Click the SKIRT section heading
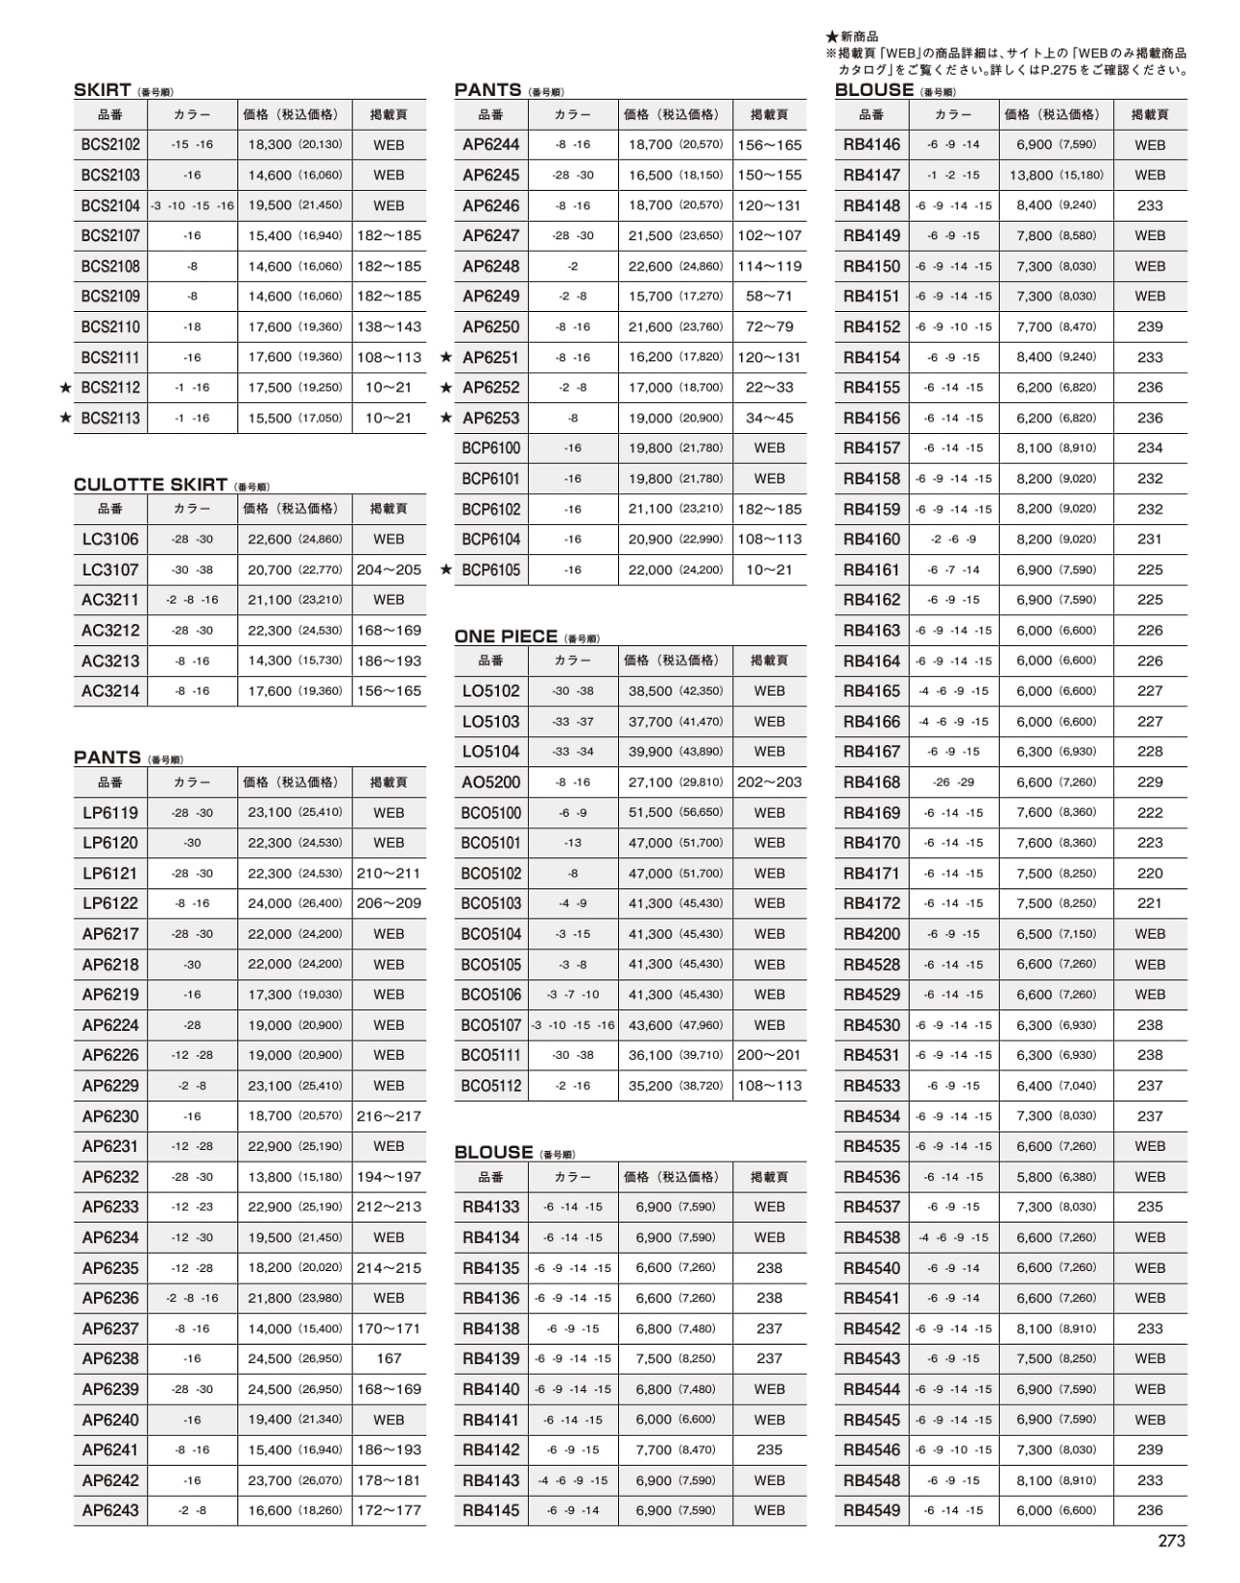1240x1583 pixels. pyautogui.click(x=103, y=90)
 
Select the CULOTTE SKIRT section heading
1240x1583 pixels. pyautogui.click(x=150, y=484)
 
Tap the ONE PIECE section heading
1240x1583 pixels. pyautogui.click(x=506, y=636)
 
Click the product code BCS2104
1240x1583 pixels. pyautogui.click(x=110, y=205)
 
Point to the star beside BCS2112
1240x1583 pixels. pyautogui.click(x=66, y=388)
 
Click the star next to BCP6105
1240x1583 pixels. pyautogui.click(x=447, y=570)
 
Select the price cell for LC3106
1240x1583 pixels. pyautogui.click(x=294, y=539)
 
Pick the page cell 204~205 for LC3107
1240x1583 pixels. pyautogui.click(x=388, y=570)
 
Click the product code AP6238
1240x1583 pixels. pyautogui.click(x=110, y=1358)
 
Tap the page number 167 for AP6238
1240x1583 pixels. pyautogui.click(x=388, y=1358)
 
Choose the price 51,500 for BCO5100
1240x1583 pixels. pyautogui.click(x=675, y=813)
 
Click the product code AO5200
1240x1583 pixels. pyautogui.click(x=491, y=782)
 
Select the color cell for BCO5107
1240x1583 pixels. pyautogui.click(x=573, y=1025)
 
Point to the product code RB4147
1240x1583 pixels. pyautogui.click(x=871, y=175)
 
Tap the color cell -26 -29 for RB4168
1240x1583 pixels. pyautogui.click(x=953, y=782)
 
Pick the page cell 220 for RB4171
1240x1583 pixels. pyautogui.click(x=1150, y=873)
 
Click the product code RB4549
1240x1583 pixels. pyautogui.click(x=871, y=1510)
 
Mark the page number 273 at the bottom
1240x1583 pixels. pyautogui.click(x=1171, y=1541)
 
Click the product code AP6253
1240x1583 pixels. pyautogui.click(x=491, y=418)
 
